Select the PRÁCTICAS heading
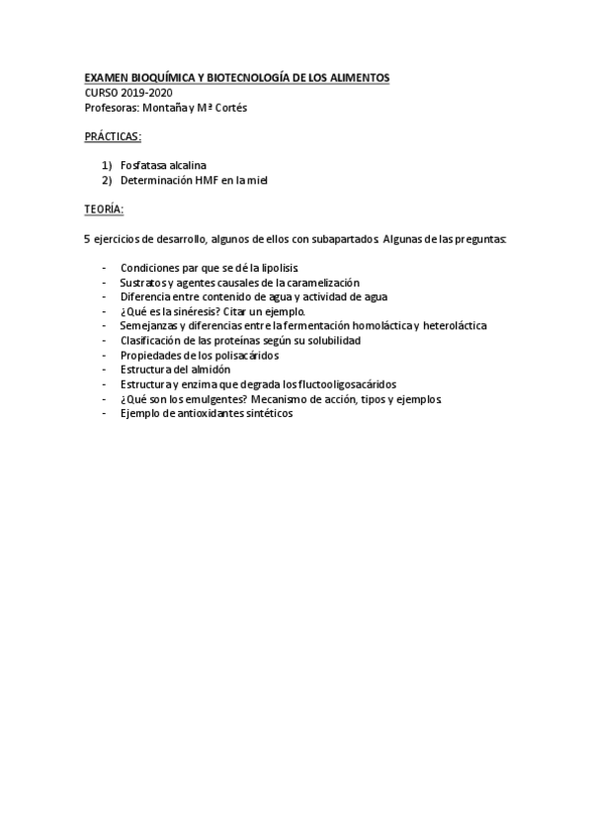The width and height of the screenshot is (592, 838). [113, 135]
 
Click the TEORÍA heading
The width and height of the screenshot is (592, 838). [104, 209]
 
